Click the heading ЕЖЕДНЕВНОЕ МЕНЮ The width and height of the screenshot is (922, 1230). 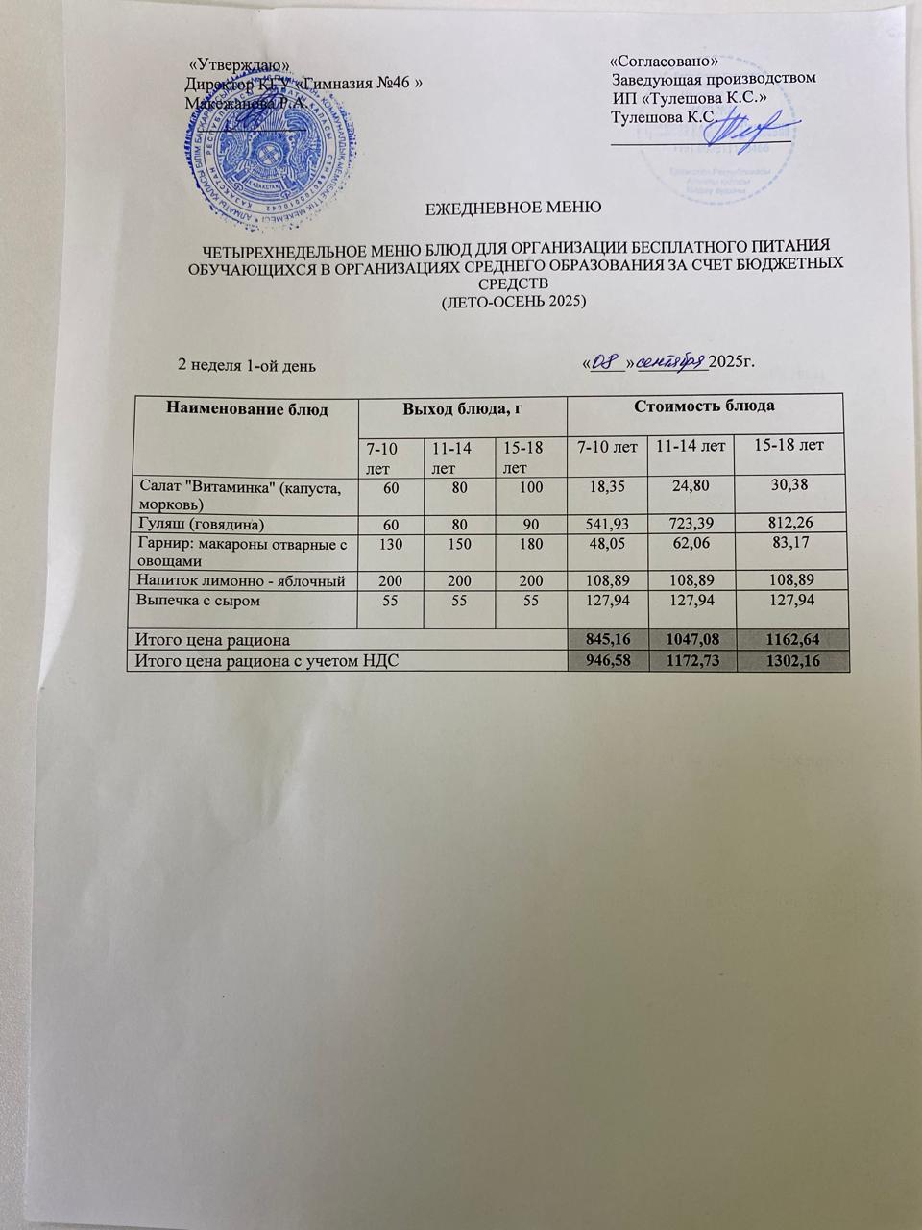(x=513, y=206)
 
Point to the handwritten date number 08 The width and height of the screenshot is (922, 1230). (x=602, y=361)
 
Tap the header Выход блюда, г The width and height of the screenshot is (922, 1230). (x=461, y=408)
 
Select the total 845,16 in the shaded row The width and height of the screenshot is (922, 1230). (x=606, y=638)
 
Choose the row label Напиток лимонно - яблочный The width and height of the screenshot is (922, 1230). (x=238, y=580)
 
